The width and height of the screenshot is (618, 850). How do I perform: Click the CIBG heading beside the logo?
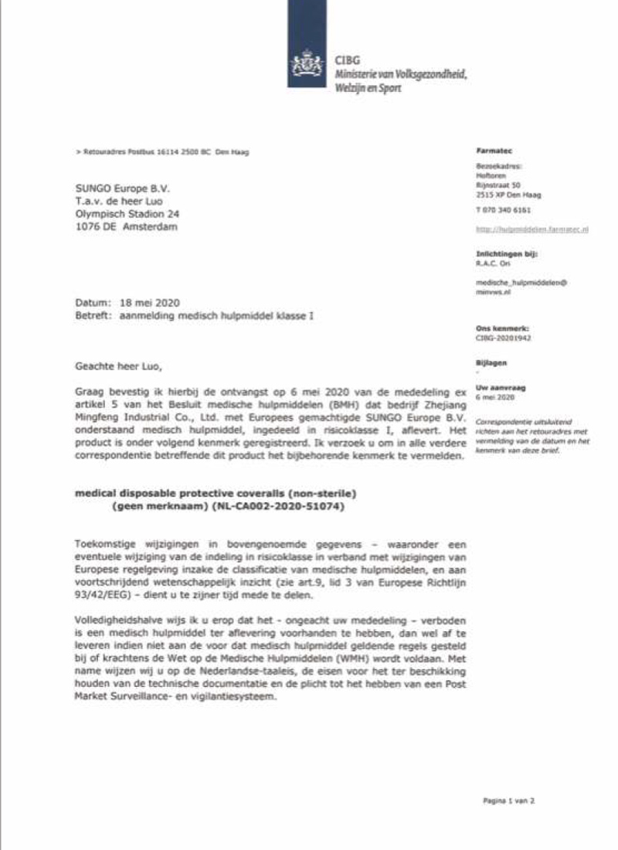(x=345, y=60)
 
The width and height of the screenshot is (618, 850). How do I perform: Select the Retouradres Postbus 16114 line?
(x=164, y=153)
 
